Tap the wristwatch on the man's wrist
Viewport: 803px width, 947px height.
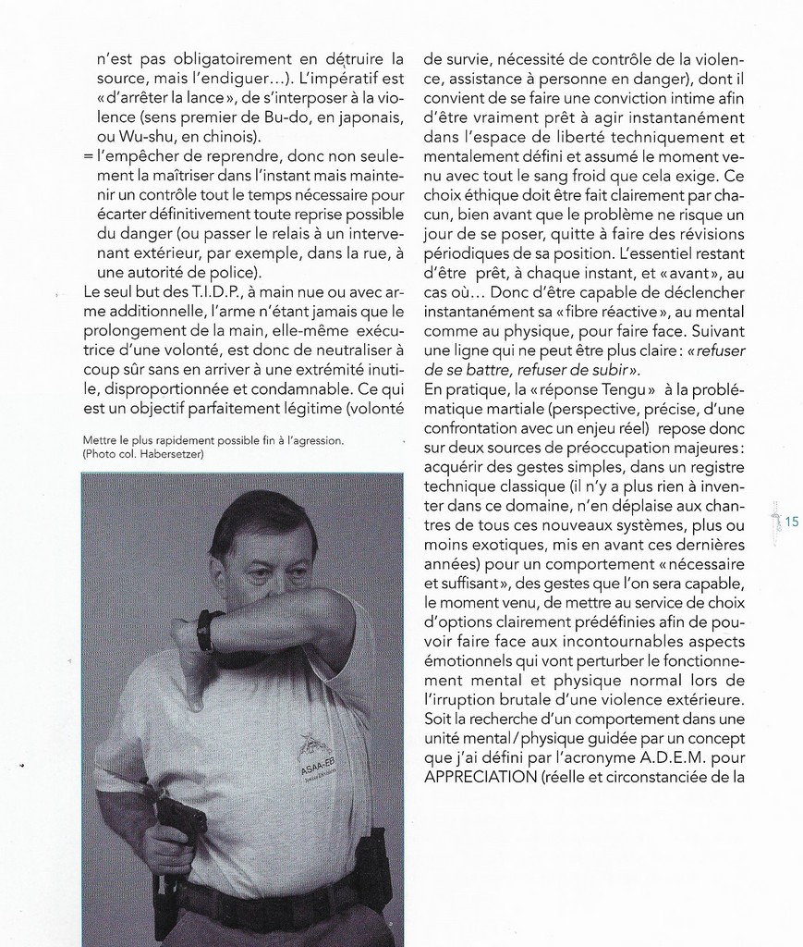point(206,632)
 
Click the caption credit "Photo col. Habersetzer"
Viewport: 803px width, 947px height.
point(142,455)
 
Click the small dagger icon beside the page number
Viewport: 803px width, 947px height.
point(775,520)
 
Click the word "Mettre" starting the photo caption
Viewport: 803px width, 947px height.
point(100,441)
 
